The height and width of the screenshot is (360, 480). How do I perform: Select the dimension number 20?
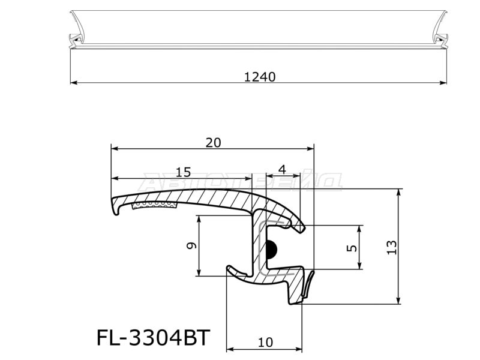[213, 142]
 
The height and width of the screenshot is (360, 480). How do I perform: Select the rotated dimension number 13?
[391, 247]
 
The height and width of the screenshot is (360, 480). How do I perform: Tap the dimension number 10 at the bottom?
[265, 343]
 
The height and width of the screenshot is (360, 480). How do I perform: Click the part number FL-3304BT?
[153, 338]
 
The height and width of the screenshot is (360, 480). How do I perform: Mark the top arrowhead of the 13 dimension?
[398, 194]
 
